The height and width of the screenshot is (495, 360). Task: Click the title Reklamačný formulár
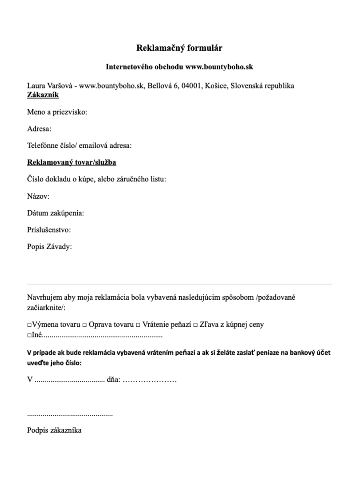coord(179,48)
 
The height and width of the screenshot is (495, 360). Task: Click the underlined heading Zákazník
coord(43,95)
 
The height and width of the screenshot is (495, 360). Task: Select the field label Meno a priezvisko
coord(57,112)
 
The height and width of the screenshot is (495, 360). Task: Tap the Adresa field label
coord(39,129)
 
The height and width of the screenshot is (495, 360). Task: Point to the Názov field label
coord(38,196)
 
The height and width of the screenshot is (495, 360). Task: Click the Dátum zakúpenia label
coord(56,213)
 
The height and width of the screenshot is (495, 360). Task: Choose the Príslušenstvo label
coord(49,230)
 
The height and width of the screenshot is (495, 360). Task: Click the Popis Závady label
coord(49,247)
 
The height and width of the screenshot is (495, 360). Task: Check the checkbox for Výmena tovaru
coord(29,325)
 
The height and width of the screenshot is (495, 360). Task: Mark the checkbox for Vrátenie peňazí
coord(137,325)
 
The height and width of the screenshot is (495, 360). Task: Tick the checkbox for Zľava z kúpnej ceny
coord(196,325)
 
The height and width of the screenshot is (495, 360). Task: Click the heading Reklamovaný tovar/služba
coord(72,162)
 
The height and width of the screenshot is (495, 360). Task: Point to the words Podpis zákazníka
coord(54,430)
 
